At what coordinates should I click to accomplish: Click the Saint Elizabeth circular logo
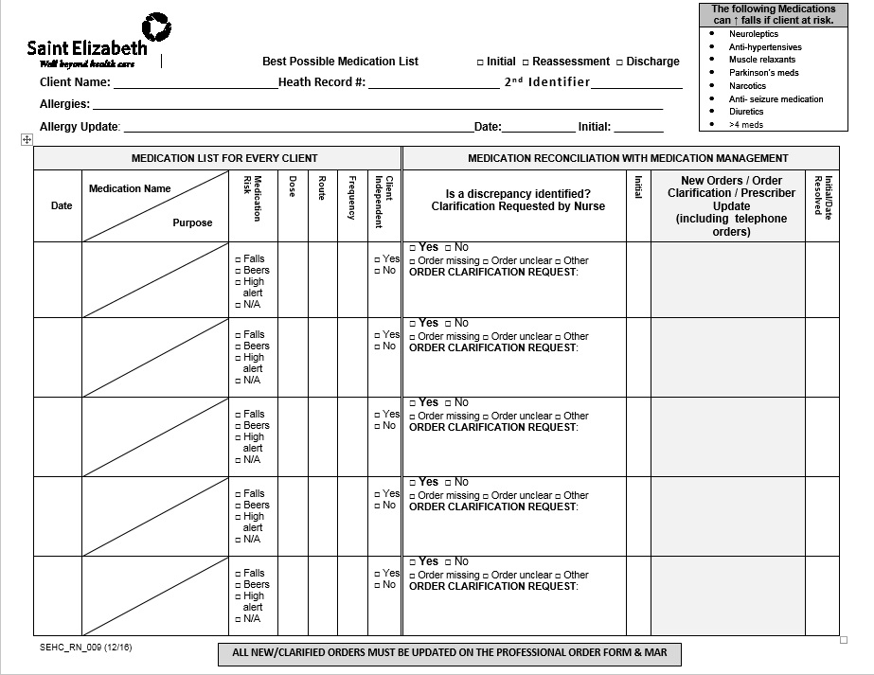point(156,27)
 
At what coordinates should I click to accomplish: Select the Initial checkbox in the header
point(480,62)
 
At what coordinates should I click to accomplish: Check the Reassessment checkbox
point(526,62)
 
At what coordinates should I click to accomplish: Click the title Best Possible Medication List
point(340,62)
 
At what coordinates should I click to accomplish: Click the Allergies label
point(64,104)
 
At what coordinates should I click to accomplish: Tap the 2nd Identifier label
point(546,82)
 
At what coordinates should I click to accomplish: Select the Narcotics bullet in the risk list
point(747,86)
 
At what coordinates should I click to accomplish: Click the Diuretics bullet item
point(746,112)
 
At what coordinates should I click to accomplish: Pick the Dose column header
point(293,187)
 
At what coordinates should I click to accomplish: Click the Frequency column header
point(352,198)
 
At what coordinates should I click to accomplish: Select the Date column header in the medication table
point(62,205)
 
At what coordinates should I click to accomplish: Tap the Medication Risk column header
point(253,199)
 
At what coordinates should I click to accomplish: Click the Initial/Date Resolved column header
point(822,197)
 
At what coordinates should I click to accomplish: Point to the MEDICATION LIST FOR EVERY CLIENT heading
point(224,158)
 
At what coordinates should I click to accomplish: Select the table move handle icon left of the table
point(27,139)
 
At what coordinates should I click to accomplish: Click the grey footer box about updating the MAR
point(449,653)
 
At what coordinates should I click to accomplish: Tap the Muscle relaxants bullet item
point(761,60)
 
